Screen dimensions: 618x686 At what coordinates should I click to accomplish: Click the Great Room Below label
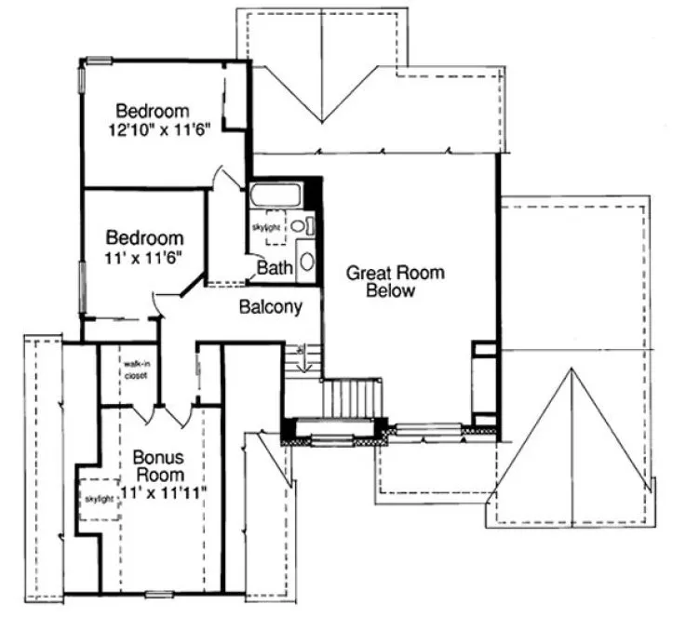(395, 281)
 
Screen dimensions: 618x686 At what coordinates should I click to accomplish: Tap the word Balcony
(270, 307)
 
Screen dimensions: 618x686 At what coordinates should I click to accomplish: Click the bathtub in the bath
(276, 196)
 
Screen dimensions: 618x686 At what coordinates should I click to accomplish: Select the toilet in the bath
(300, 225)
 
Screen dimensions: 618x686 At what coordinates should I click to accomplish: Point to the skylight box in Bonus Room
(100, 499)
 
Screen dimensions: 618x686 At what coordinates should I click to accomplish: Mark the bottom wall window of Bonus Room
(158, 592)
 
